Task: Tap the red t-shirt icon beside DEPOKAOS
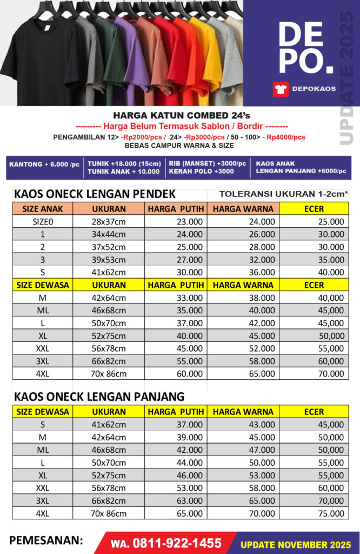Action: [x=281, y=89]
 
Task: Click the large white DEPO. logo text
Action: [x=306, y=49]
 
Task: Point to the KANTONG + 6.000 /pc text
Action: [x=44, y=163]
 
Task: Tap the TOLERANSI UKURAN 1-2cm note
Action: [x=284, y=194]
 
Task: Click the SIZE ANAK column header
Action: [x=42, y=208]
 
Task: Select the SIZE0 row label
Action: [x=42, y=221]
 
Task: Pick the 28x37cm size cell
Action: [x=109, y=221]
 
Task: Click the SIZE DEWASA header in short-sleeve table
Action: [x=42, y=285]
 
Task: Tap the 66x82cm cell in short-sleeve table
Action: [x=109, y=361]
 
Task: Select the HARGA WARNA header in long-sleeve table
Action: [x=243, y=412]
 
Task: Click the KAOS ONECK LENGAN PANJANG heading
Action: [x=99, y=396]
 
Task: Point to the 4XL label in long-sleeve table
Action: [x=42, y=513]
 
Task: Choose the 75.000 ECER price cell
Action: [x=329, y=513]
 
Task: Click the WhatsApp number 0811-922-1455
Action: [x=166, y=543]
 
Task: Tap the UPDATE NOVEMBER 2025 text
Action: [x=296, y=544]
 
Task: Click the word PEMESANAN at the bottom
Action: [x=46, y=540]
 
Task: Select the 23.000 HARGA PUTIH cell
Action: [x=190, y=221]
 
